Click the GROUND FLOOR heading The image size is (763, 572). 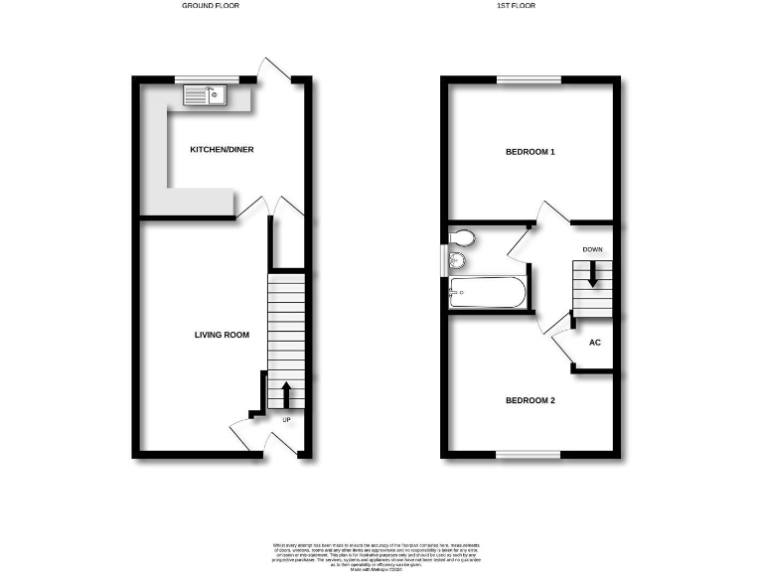[x=210, y=6]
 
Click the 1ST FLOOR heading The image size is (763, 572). [x=531, y=6]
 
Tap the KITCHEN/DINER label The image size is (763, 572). [x=223, y=150]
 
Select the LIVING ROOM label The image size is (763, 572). [x=222, y=335]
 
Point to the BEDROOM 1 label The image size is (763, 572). [x=531, y=152]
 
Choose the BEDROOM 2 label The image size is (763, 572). [x=531, y=400]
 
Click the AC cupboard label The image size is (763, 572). [x=595, y=343]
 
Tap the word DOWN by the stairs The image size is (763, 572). [x=593, y=249]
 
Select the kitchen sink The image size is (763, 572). [x=207, y=95]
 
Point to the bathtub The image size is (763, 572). [x=487, y=292]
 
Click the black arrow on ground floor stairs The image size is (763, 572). [x=287, y=394]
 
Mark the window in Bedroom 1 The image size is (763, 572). [x=529, y=79]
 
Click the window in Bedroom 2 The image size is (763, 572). [x=529, y=455]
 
